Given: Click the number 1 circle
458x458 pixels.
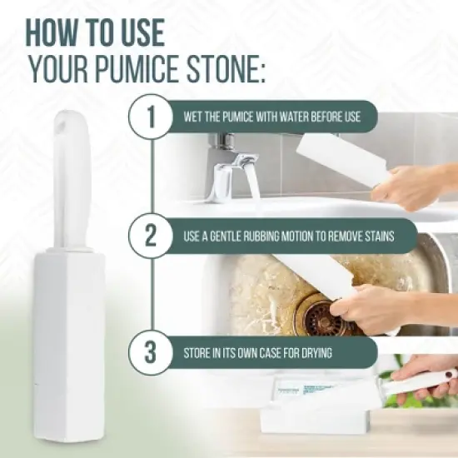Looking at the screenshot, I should click(x=151, y=117).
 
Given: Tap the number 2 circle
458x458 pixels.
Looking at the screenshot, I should click(x=151, y=236).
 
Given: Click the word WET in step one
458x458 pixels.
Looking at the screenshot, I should click(x=194, y=117).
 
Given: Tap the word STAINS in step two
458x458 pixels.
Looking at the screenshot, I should click(x=398, y=236).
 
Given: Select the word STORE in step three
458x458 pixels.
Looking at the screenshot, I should click(x=201, y=352).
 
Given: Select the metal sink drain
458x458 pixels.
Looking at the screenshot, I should click(x=321, y=316).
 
